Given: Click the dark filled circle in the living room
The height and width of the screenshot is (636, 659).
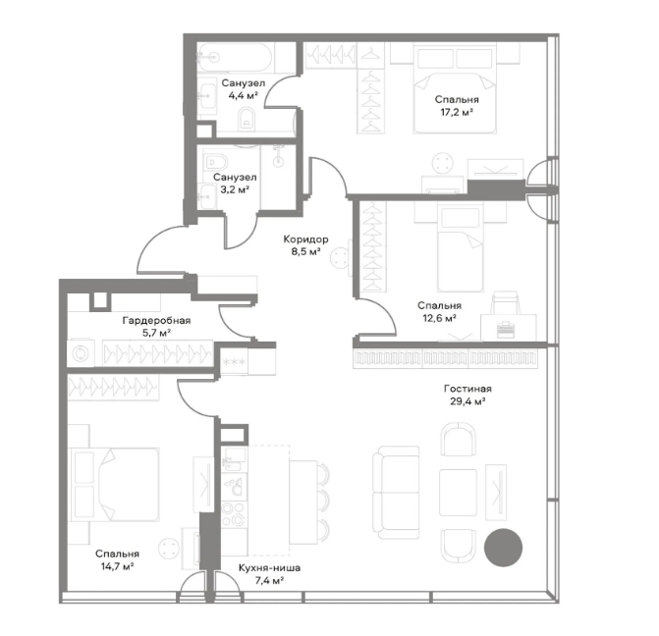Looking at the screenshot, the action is [x=503, y=548].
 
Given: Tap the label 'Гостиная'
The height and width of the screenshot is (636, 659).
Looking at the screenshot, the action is [x=467, y=389].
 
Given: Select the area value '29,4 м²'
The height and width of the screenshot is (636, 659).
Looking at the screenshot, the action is [x=467, y=401].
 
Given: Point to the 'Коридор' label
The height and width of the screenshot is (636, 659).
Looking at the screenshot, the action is [x=305, y=239].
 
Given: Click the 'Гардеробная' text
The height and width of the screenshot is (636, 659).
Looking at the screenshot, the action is [x=156, y=321].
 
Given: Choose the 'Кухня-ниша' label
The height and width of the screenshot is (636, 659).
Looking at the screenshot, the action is [x=269, y=568].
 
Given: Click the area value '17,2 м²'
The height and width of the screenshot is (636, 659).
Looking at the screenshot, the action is [x=457, y=113].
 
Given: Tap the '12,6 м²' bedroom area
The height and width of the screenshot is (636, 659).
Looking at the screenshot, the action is [x=439, y=318].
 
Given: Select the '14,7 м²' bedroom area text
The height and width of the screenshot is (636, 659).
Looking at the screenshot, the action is [x=117, y=566].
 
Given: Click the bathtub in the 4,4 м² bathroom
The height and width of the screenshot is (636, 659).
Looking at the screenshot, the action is [x=235, y=57].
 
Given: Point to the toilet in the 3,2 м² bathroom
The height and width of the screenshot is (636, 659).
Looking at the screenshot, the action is [x=216, y=161].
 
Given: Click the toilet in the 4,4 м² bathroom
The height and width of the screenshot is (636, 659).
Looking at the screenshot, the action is [x=247, y=119].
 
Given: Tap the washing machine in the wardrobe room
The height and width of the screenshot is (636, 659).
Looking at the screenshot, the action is [x=80, y=353].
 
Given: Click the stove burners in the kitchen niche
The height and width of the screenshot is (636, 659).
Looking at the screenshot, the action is [x=234, y=514].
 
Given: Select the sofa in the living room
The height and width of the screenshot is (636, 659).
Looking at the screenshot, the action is [x=396, y=493].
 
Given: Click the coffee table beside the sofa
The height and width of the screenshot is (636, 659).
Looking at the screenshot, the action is [x=458, y=493].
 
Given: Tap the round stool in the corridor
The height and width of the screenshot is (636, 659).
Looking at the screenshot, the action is [x=340, y=257].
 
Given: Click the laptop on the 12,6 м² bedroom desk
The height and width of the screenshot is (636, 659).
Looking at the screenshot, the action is [x=508, y=330].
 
